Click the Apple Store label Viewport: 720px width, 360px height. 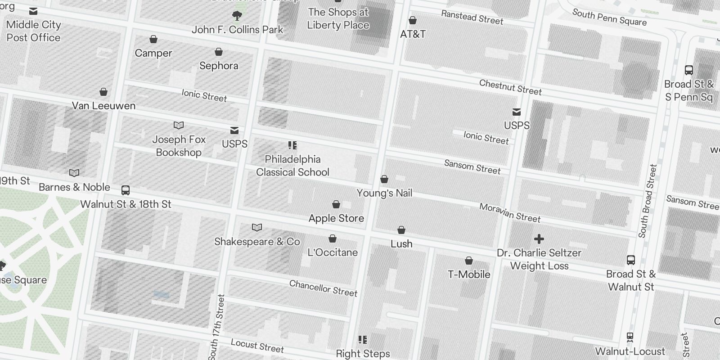(336, 218)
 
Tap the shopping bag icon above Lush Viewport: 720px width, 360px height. (401, 230)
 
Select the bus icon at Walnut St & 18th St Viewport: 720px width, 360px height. (126, 190)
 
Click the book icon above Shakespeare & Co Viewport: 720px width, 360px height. (257, 228)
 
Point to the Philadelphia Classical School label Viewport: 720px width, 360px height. (292, 166)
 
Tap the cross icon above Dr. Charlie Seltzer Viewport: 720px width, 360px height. (539, 239)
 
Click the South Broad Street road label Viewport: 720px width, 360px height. (648, 201)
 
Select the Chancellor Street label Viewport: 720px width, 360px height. (323, 288)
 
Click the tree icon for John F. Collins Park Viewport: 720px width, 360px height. (237, 16)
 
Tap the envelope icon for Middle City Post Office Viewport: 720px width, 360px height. (33, 11)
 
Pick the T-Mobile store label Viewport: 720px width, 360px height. (469, 274)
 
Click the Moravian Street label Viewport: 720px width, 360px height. (509, 213)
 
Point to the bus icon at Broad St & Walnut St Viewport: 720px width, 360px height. (631, 260)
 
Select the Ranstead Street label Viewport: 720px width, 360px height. (472, 17)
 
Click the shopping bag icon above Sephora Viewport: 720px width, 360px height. (219, 52)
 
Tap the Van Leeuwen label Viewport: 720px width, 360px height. (103, 106)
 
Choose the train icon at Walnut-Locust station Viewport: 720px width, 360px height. (630, 337)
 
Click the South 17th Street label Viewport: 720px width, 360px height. (216, 327)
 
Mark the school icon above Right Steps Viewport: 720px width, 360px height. (363, 340)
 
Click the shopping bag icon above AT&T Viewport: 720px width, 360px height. (412, 21)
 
